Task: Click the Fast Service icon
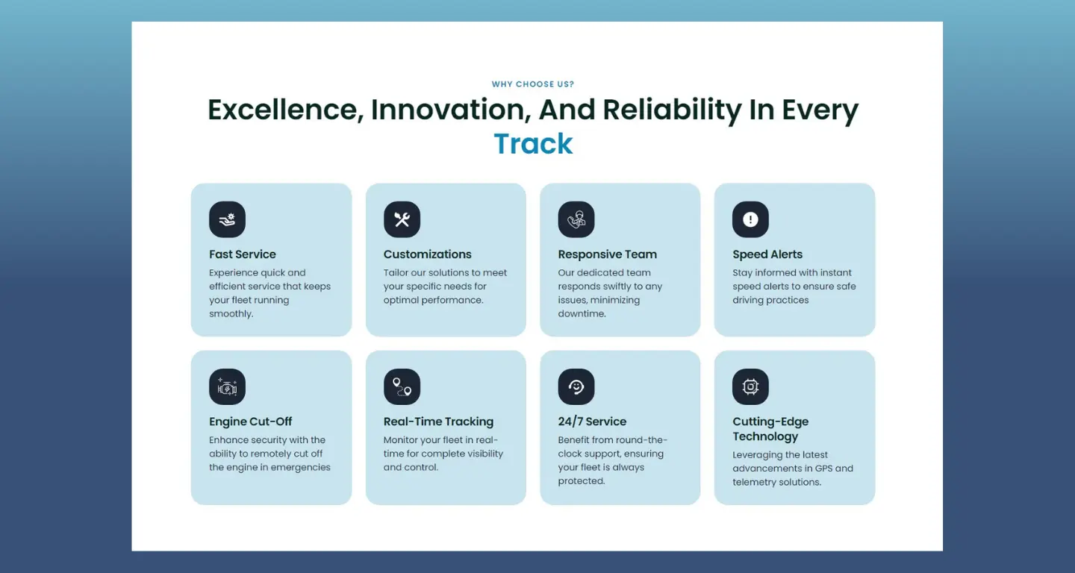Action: click(x=227, y=219)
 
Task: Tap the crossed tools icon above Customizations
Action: click(x=402, y=219)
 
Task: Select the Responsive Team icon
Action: click(x=576, y=219)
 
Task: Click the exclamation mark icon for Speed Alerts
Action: click(x=750, y=219)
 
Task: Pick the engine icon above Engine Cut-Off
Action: click(x=227, y=387)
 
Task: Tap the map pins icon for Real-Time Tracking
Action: click(x=402, y=387)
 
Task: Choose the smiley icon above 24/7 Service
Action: click(x=576, y=387)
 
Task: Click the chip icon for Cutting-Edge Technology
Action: click(x=750, y=387)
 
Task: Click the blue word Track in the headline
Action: click(x=533, y=144)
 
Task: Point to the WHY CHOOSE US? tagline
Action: click(x=533, y=84)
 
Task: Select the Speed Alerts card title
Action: click(x=767, y=254)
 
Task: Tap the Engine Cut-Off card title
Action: click(x=250, y=422)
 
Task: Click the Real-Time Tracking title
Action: click(x=438, y=422)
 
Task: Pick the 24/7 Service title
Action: click(x=592, y=422)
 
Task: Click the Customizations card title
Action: click(x=427, y=254)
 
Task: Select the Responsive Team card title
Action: click(x=607, y=254)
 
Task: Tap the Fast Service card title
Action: click(x=243, y=254)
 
